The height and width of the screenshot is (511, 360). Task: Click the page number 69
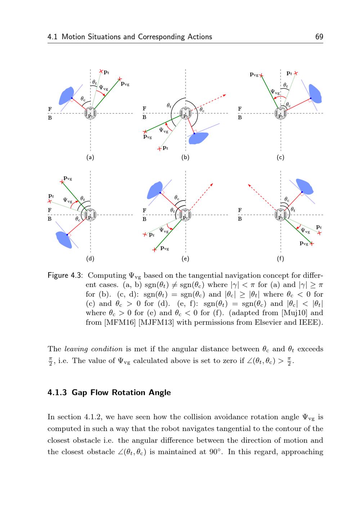point(319,37)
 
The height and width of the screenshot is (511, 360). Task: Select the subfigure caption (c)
point(280,157)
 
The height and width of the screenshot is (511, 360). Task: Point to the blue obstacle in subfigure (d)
point(64,239)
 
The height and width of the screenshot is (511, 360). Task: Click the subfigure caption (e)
point(185,259)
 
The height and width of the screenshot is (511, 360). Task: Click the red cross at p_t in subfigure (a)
point(102,71)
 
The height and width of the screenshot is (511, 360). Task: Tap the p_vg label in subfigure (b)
point(148,136)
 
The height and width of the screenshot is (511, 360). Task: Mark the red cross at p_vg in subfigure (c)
point(262,76)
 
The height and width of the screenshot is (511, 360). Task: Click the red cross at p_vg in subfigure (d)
point(62,182)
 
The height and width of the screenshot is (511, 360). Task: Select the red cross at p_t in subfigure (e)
point(145,235)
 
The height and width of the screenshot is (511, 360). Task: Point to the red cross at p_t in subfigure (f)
point(319,233)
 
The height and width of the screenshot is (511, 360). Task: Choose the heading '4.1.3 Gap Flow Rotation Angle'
point(109,393)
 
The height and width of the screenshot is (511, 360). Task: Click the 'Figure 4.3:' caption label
point(65,276)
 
